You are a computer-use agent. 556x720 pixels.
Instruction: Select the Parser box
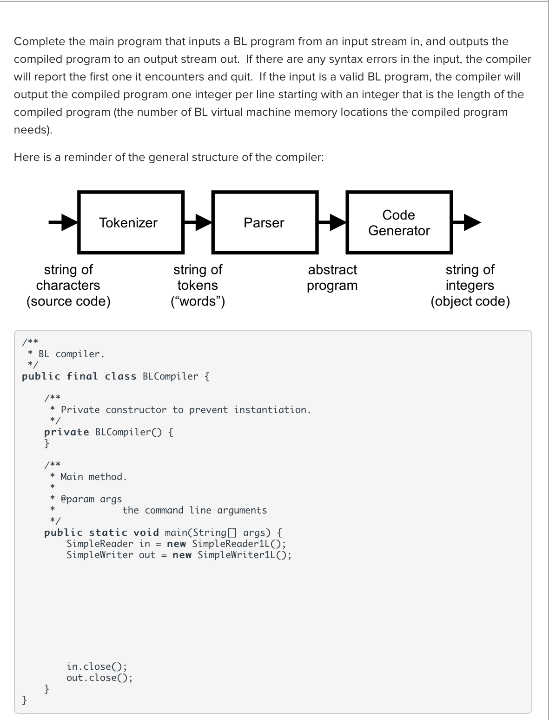click(265, 222)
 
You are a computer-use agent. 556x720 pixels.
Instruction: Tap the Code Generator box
click(399, 222)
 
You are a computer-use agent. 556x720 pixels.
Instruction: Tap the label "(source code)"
click(68, 301)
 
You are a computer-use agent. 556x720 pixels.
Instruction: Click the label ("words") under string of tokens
click(198, 301)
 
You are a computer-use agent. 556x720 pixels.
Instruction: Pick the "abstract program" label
click(332, 277)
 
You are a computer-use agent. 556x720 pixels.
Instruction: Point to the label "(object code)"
click(470, 301)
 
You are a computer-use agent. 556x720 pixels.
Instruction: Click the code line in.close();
click(97, 667)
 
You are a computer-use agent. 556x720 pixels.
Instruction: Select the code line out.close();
click(99, 678)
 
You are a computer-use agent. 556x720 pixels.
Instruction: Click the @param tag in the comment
click(78, 499)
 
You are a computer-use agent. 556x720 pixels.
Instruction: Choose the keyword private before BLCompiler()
click(66, 432)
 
